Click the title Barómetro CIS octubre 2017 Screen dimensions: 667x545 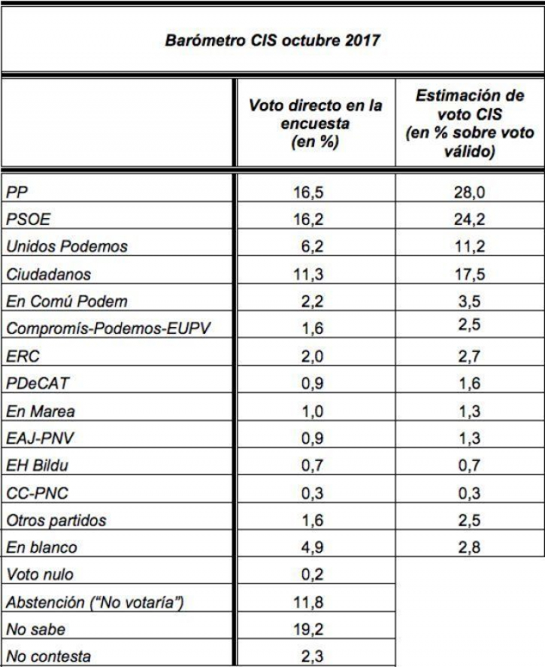[272, 39]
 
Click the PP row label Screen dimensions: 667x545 [16, 192]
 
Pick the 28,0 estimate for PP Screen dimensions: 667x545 [470, 192]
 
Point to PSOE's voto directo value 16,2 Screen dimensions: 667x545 [309, 220]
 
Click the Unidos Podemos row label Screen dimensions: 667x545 [67, 247]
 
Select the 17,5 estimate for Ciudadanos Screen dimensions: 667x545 [470, 274]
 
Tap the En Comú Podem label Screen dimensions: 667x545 [67, 301]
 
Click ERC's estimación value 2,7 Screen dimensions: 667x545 [470, 356]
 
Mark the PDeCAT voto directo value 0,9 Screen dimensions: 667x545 [309, 384]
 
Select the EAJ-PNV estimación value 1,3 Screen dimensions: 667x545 [470, 438]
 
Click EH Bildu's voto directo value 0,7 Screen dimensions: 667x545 [309, 466]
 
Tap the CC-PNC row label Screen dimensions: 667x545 [37, 493]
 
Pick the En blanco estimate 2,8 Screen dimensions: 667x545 [470, 547]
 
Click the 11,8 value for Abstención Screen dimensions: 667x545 [309, 602]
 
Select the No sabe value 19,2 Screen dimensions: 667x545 [309, 629]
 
